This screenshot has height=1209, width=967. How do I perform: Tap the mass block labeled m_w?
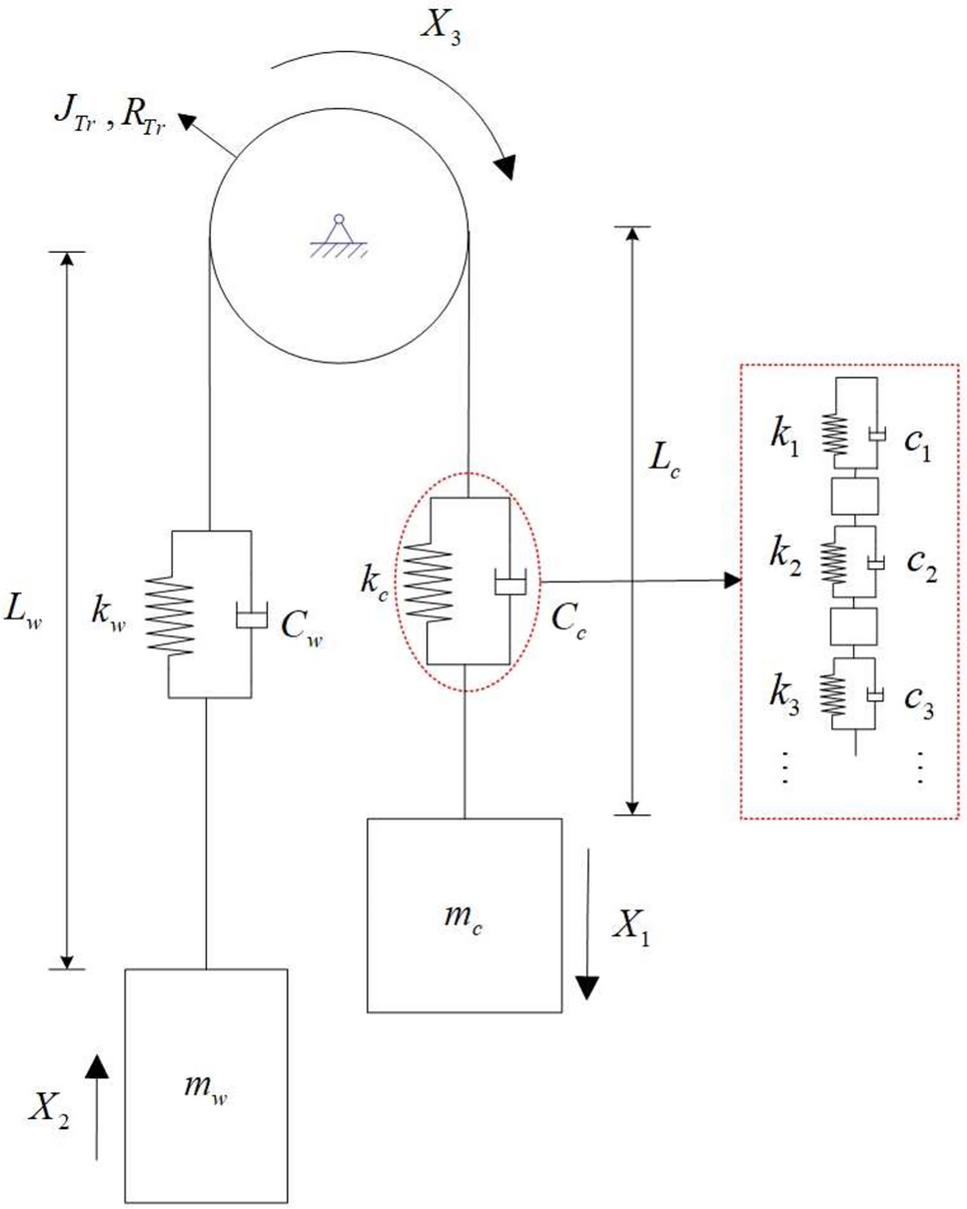pyautogui.click(x=206, y=1083)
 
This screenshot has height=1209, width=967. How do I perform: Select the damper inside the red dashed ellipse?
pyautogui.click(x=509, y=584)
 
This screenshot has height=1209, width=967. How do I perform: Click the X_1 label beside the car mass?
pyautogui.click(x=631, y=930)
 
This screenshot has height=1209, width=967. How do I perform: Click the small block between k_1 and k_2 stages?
pyautogui.click(x=854, y=496)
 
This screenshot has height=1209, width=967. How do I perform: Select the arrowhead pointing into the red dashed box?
pyautogui.click(x=733, y=581)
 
